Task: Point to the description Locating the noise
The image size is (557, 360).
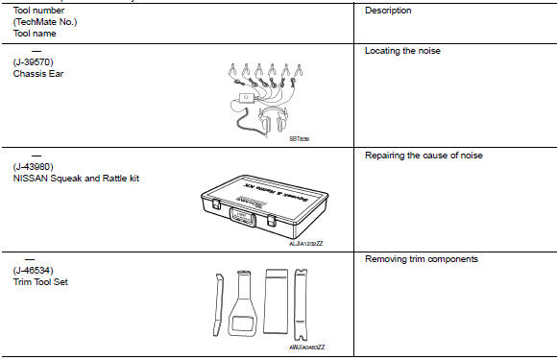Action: (x=404, y=51)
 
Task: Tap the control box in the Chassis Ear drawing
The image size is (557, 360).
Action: (x=249, y=99)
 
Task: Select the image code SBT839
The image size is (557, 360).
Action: (x=299, y=138)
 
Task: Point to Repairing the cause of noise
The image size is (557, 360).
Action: (x=424, y=155)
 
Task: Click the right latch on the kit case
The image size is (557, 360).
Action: (x=273, y=220)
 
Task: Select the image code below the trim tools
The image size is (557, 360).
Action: (x=309, y=346)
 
